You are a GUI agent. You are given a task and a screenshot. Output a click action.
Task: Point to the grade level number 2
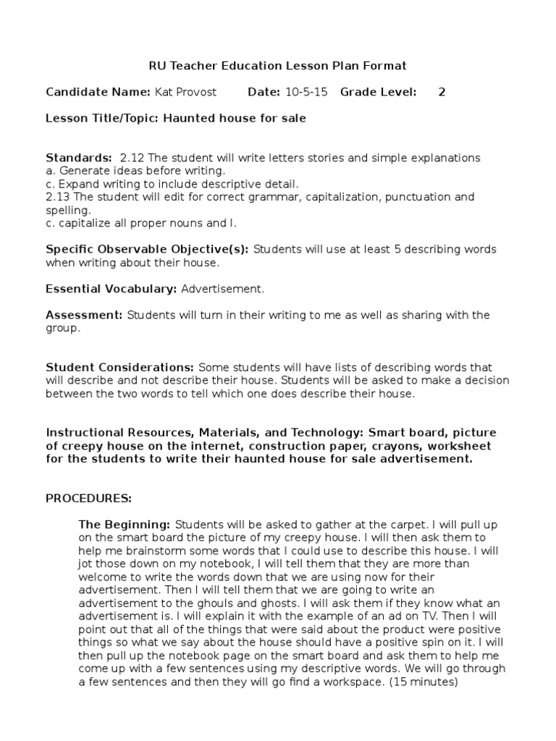(x=442, y=92)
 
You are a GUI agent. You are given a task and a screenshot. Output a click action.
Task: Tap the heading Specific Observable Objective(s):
(x=147, y=250)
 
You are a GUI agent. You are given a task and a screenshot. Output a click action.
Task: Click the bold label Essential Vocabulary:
(x=111, y=289)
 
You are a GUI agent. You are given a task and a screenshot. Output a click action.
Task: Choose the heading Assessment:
(x=85, y=315)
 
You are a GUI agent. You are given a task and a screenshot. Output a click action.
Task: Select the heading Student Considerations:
(x=120, y=368)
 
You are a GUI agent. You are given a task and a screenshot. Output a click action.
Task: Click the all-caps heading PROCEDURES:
(x=89, y=499)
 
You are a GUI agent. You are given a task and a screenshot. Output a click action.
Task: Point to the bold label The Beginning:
(x=124, y=524)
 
